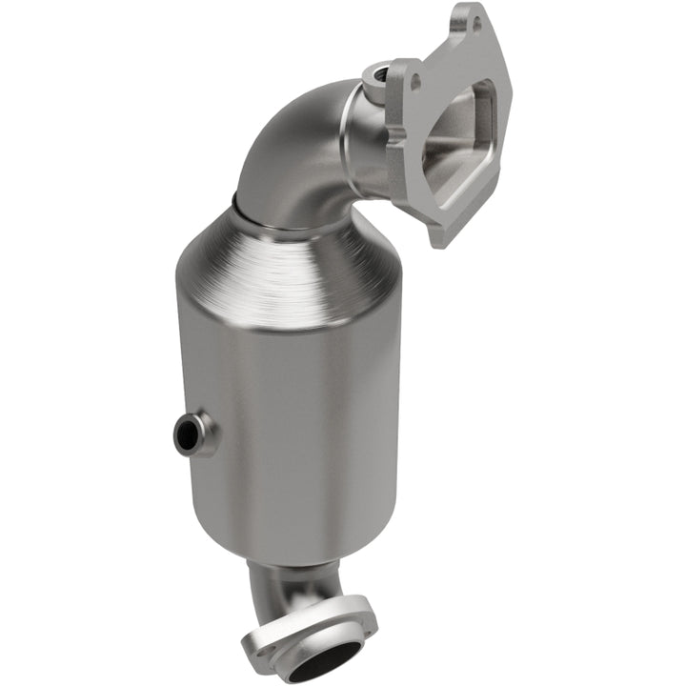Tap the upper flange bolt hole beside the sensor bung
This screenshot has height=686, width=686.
[414, 82]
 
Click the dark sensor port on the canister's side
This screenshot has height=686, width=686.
[188, 435]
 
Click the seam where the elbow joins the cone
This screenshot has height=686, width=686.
[286, 216]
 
